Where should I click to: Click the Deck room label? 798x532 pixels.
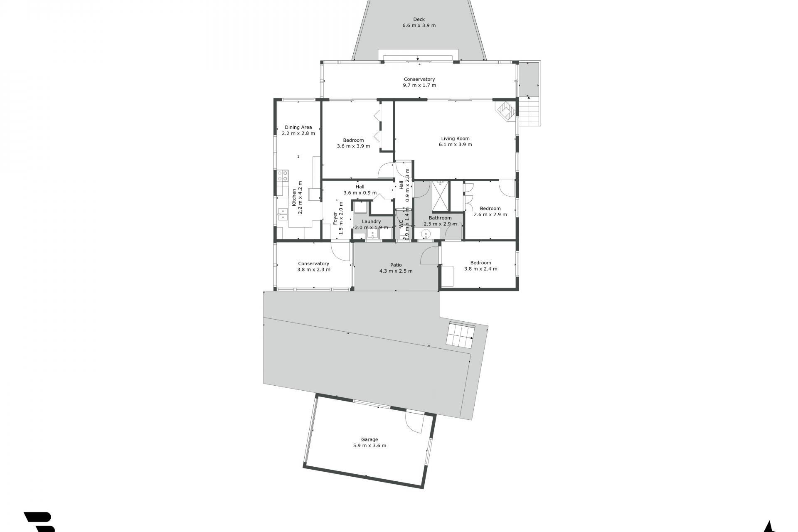click(419, 20)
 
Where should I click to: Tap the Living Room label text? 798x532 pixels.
click(455, 139)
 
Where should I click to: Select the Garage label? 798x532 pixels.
click(369, 439)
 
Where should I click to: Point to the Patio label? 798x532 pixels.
click(396, 265)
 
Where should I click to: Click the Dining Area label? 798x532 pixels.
click(298, 128)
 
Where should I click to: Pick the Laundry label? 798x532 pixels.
click(371, 222)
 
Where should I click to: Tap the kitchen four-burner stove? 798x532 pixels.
click(283, 176)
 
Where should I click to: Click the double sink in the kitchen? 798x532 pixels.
click(283, 214)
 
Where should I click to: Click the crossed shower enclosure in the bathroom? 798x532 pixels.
click(440, 196)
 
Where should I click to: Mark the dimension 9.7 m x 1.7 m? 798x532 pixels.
click(419, 85)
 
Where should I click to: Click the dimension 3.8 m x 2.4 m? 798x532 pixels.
click(480, 268)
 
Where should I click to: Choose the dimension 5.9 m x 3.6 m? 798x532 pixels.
click(369, 446)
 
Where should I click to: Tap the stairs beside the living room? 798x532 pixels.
click(530, 111)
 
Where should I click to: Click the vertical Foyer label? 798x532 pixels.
click(335, 219)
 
